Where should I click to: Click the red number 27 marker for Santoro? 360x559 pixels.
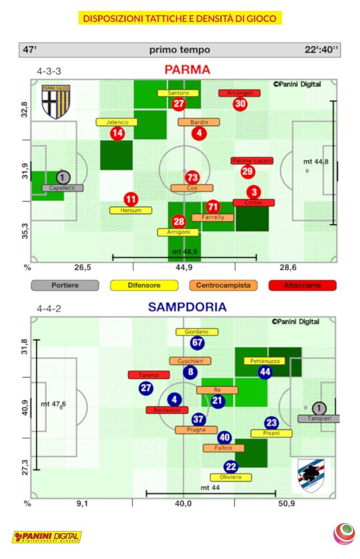click(179, 104)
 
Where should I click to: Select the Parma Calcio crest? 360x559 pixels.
click(56, 102)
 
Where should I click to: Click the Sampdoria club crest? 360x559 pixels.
click(311, 476)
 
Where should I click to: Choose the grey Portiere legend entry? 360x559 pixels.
click(65, 285)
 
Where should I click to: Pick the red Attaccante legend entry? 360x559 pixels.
click(302, 285)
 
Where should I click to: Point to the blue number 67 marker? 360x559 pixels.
click(198, 343)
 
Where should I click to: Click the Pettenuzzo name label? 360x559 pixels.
click(265, 361)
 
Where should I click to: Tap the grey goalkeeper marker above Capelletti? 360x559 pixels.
click(64, 177)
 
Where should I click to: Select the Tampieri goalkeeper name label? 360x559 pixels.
click(319, 419)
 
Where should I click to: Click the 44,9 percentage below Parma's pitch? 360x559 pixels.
click(184, 268)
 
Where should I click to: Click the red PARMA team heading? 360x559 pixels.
click(187, 70)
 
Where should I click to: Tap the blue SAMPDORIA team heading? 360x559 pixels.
click(187, 307)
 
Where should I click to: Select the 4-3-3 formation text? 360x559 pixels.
click(49, 71)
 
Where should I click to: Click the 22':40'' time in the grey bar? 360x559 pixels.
click(321, 50)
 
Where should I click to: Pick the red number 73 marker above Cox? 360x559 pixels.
click(192, 177)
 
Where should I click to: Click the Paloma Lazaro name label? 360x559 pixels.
click(252, 161)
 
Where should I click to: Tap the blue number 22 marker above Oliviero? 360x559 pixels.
click(231, 467)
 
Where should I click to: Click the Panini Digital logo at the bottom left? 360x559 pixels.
click(47, 537)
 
